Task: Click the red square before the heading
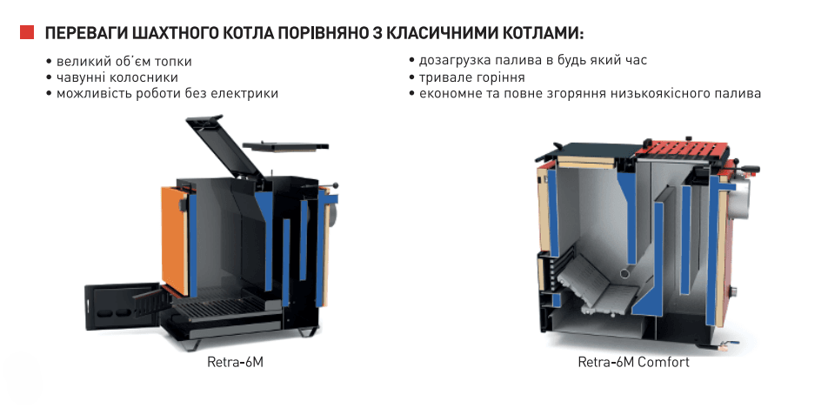tap(27, 32)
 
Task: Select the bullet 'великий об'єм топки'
tap(119, 61)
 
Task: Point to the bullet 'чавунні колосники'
tap(112, 77)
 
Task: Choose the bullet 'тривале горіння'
tap(467, 77)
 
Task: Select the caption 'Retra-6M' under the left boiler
tap(235, 363)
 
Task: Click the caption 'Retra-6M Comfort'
tap(634, 363)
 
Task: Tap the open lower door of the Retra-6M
tap(122, 308)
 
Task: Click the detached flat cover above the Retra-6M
tap(285, 146)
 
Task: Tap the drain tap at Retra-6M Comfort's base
tap(731, 344)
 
